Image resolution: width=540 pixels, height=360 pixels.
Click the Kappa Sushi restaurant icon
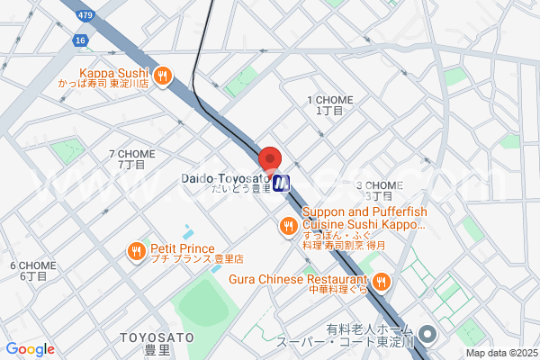163,76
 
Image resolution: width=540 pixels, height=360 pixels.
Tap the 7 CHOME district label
131,159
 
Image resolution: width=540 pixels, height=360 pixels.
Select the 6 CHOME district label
33,270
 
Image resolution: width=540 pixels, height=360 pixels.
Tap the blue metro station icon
282,183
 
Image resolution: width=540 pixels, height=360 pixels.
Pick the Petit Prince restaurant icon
138,249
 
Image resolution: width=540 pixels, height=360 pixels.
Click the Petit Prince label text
183,249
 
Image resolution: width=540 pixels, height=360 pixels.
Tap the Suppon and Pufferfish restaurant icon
289,226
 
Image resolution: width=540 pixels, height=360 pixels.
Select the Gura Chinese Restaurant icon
381,283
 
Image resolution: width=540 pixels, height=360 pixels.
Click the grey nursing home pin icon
427,336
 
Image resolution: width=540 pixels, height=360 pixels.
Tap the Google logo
30,349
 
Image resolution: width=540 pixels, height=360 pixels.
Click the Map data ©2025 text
499,354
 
